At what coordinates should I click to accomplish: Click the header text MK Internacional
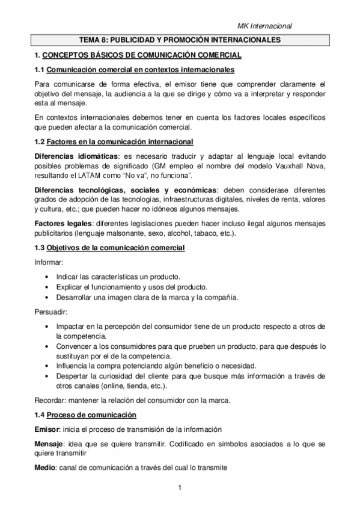(264, 26)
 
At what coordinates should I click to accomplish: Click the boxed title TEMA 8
(180, 40)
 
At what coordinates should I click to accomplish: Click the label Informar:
(48, 262)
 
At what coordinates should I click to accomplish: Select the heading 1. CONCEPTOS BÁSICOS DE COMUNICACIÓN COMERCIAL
(138, 55)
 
